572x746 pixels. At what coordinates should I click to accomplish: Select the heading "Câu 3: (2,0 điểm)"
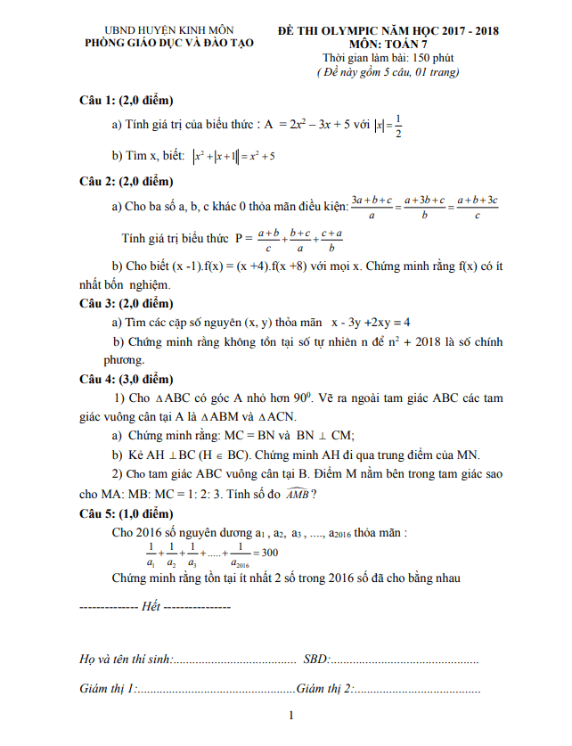coord(126,303)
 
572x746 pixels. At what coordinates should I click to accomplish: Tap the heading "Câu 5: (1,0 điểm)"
coord(126,514)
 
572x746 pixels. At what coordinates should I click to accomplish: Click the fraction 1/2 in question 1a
coord(398,127)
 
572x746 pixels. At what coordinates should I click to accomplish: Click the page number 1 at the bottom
coord(291,717)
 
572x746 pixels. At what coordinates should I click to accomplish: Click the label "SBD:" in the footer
coord(316,660)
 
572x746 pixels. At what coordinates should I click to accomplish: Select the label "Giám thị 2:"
coord(325,689)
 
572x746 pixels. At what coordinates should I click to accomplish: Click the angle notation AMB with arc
coord(297,495)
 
